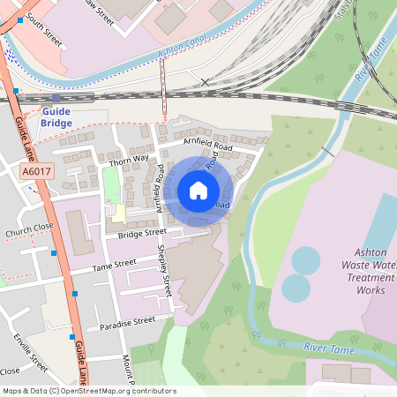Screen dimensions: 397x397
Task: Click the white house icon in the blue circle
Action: [x=198, y=190]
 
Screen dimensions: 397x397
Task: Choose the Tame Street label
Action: [x=115, y=263]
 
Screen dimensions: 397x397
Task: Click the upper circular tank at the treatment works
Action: [x=305, y=259]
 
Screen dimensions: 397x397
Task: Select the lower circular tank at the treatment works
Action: [x=296, y=288]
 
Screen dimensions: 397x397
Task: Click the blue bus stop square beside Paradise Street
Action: [x=71, y=336]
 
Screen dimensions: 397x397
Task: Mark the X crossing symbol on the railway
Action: [x=205, y=82]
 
